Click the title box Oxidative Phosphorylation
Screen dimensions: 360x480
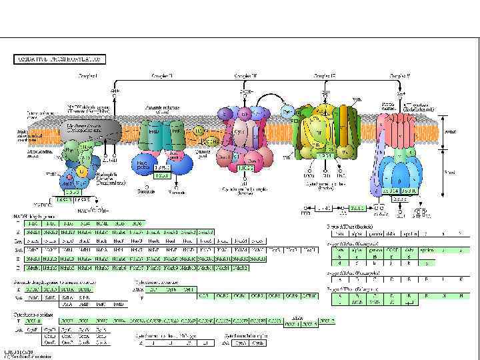58,59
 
